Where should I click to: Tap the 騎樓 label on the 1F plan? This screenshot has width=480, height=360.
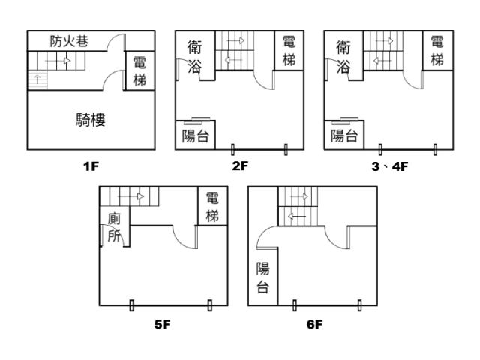click(91, 120)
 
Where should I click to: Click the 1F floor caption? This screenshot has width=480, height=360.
click(91, 166)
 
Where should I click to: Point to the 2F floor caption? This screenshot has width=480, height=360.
click(240, 166)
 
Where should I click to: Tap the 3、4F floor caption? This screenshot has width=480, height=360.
click(389, 166)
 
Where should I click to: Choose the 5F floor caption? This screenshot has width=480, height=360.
click(163, 325)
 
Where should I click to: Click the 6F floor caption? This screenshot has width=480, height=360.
click(314, 325)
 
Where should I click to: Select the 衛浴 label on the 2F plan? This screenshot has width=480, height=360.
click(194, 57)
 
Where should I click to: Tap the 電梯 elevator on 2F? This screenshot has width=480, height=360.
click(289, 50)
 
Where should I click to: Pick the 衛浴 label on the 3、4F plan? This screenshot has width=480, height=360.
click(343, 57)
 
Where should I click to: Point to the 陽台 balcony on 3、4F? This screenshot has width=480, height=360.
click(344, 136)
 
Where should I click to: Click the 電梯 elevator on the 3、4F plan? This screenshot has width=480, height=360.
click(438, 50)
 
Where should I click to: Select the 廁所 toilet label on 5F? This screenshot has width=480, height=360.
click(114, 226)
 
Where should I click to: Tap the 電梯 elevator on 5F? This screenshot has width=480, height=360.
click(212, 206)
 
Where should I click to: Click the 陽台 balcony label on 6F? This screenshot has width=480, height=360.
click(262, 277)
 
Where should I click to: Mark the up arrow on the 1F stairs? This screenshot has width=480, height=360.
click(37, 78)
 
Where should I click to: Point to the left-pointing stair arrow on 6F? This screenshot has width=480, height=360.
click(294, 216)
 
